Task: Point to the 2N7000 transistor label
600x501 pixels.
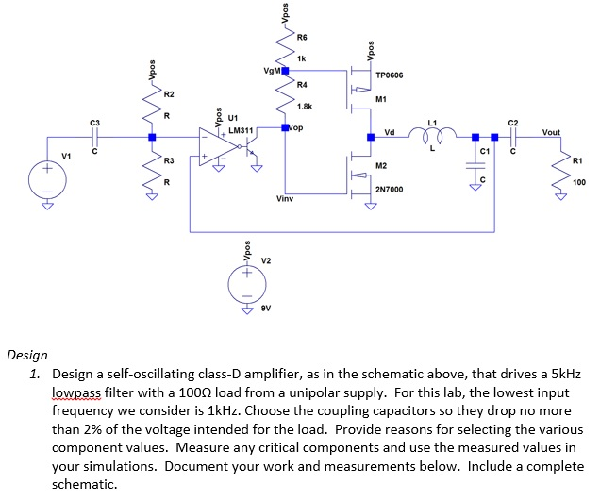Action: [x=390, y=190]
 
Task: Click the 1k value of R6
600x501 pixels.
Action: [x=301, y=58]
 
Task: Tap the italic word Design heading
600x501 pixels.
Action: [x=27, y=356]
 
